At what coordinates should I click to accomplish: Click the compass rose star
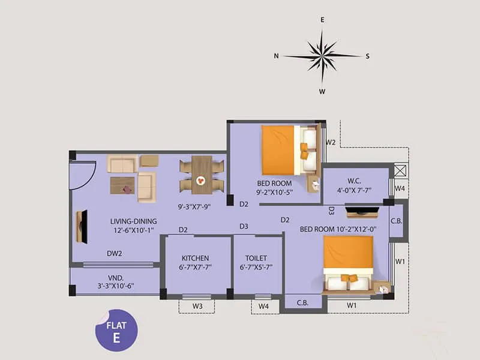point(322,56)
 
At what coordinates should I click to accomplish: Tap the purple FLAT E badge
point(116,331)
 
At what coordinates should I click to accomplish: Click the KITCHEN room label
point(196,259)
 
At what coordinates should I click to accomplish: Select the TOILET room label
point(256,259)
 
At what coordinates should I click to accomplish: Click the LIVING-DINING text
point(133,221)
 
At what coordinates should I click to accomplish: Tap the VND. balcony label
point(116,278)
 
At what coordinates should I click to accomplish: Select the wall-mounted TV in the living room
point(82,227)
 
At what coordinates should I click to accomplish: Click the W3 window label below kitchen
point(196,307)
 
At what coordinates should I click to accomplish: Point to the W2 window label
point(330,143)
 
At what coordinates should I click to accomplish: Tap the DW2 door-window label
point(115,254)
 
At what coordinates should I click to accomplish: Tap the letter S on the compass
point(367,56)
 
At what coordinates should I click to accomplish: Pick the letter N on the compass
point(277,56)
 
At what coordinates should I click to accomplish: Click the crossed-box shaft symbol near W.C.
point(400,170)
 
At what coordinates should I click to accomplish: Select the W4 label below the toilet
point(263,307)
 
